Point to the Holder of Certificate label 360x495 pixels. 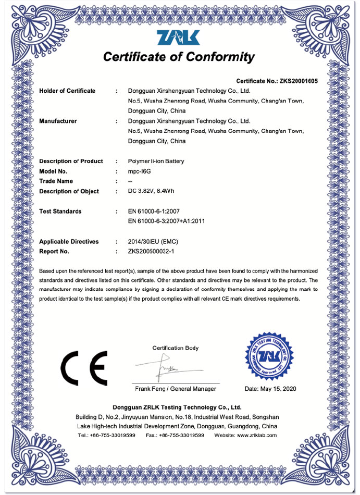[67, 91]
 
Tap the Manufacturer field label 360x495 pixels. [58, 121]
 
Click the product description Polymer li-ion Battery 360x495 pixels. [156, 162]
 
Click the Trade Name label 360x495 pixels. [56, 181]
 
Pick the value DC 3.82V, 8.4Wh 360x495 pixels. [151, 191]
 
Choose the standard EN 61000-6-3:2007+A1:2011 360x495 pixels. [166, 221]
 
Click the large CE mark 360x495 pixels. [84, 367]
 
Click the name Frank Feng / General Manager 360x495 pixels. [176, 389]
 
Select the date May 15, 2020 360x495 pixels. [270, 389]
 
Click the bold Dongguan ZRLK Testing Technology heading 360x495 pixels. [177, 407]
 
